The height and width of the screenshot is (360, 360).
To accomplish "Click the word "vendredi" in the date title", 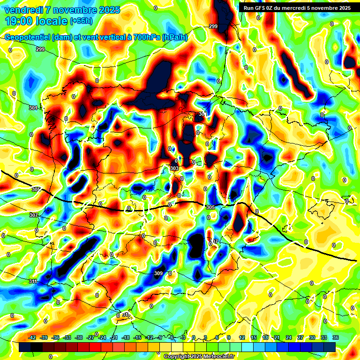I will pos(22,10).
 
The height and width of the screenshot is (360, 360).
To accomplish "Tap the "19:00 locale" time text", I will pos(37,21).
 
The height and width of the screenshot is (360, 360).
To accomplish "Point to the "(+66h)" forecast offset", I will pos(81,21).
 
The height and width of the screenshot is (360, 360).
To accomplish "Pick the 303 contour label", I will pos(174,168).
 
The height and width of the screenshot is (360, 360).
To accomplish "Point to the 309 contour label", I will pos(158,273).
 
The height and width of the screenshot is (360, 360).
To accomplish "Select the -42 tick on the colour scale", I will pos(32,338).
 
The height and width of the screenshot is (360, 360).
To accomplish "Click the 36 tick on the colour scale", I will pos(336,338).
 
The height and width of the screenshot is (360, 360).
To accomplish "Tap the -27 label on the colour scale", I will pos(90,338).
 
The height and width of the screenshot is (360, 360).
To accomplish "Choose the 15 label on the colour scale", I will pos(254,338).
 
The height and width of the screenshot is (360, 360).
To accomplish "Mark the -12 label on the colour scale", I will pos(148,338).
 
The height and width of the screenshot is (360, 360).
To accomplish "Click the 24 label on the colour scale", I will pos(289,338).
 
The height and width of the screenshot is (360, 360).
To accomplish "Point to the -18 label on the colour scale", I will pos(125,338).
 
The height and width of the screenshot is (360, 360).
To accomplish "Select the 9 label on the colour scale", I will pos(229,338).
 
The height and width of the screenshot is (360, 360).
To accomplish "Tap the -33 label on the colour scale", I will pos(67,338).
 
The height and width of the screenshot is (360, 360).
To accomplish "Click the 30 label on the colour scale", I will pos(312,338).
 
